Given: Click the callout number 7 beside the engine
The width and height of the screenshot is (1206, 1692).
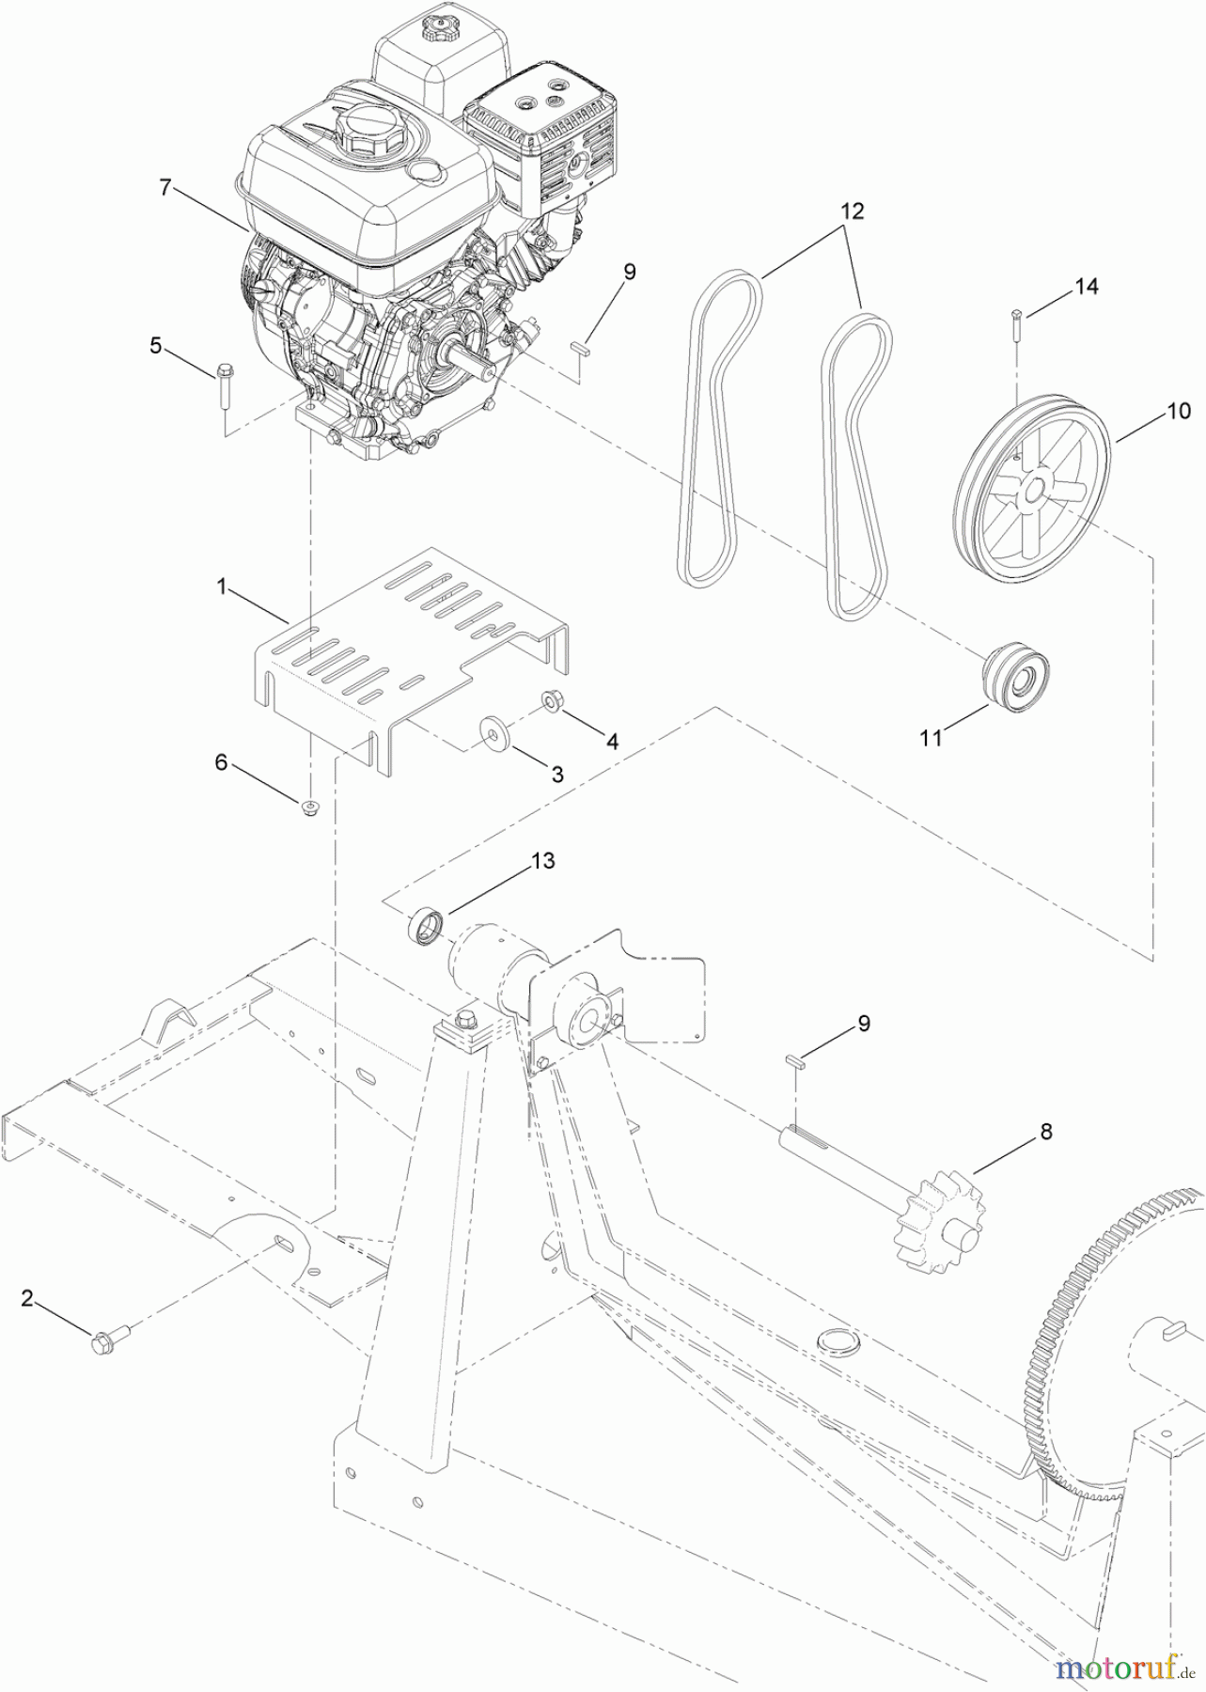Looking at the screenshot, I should click(165, 188).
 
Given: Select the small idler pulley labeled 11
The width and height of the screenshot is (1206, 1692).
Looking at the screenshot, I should click(1013, 679).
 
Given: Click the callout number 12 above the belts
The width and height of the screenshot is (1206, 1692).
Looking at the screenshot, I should click(852, 211).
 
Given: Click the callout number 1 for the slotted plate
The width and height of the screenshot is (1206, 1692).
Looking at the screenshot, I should click(222, 587).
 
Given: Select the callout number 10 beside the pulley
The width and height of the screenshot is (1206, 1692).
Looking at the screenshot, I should click(1179, 411).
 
